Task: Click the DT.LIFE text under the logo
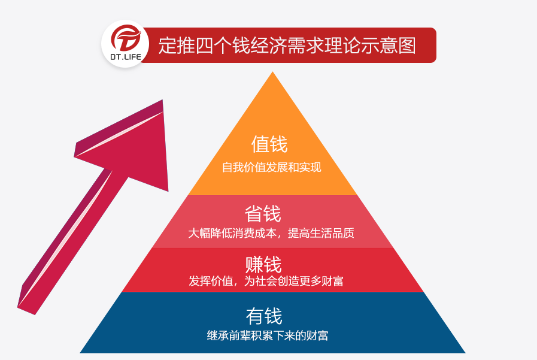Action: (x=125, y=57)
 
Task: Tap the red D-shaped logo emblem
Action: (x=126, y=38)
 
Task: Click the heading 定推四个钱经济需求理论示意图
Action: (x=287, y=45)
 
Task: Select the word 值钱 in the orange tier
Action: (x=269, y=144)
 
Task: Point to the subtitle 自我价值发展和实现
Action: (x=272, y=167)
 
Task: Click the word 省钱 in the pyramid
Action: (x=263, y=214)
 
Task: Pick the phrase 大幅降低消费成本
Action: (x=232, y=233)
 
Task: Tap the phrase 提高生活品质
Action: (x=321, y=233)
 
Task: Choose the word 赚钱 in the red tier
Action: (x=263, y=264)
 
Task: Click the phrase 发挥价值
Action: (x=211, y=281)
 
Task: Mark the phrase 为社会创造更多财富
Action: (x=293, y=281)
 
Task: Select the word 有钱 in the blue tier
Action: (x=264, y=316)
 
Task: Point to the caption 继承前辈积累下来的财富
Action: (x=268, y=335)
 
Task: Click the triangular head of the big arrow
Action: (x=134, y=147)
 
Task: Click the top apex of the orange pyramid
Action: (x=272, y=72)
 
